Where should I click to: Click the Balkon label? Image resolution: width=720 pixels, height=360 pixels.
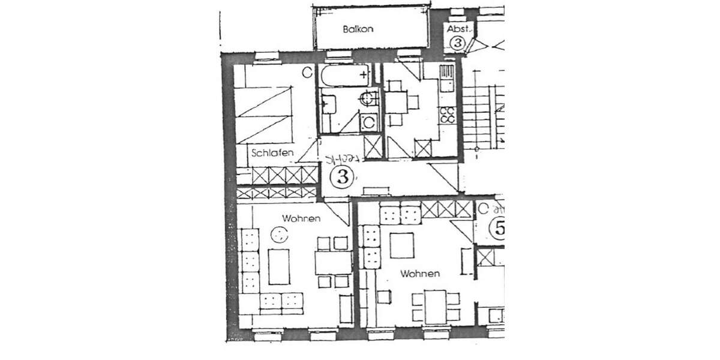[355, 28]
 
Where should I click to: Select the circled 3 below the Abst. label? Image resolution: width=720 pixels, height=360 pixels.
[458, 43]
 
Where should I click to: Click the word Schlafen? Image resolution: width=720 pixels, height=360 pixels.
[273, 153]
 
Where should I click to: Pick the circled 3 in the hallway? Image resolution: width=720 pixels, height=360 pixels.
[342, 177]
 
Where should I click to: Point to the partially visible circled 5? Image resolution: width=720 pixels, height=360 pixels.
[497, 228]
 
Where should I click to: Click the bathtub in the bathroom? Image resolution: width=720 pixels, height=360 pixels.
[344, 76]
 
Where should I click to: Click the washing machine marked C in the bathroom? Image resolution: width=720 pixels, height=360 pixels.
[369, 122]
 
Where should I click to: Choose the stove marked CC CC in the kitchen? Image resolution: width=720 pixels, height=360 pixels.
[447, 115]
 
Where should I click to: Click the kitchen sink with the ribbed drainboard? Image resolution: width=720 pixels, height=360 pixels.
[447, 77]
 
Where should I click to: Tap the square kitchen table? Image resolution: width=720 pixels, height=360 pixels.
[396, 101]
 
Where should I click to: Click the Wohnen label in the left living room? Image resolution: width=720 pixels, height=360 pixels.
[301, 219]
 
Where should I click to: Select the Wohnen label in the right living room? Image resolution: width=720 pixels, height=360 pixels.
[420, 274]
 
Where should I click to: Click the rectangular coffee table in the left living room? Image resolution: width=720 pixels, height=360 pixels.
[278, 266]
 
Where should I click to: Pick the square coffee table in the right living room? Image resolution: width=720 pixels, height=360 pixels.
[401, 245]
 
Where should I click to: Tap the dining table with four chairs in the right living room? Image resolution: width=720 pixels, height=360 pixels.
[436, 306]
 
